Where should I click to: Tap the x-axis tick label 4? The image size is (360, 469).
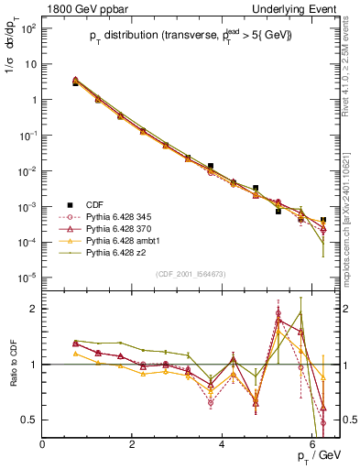[x=223, y=444]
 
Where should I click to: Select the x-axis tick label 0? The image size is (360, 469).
[x=43, y=444]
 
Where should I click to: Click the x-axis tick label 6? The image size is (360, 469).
[x=312, y=444]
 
